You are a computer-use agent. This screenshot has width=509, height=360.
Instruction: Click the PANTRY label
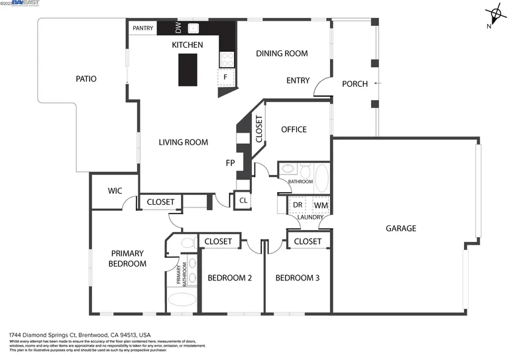(142, 28)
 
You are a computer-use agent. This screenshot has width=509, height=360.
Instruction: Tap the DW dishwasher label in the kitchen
(178, 28)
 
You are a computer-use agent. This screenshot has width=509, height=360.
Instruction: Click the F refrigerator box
(226, 78)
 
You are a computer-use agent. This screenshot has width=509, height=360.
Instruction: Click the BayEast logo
(22, 3)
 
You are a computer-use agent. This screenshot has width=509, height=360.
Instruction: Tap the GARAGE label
(401, 228)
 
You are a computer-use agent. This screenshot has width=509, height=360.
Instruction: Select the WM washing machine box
(321, 206)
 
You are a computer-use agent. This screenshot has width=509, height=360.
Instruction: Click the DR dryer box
(298, 206)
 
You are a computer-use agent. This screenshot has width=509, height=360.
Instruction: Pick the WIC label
(115, 191)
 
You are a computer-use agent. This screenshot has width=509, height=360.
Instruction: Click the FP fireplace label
(231, 162)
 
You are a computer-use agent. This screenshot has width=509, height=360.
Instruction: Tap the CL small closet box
(243, 200)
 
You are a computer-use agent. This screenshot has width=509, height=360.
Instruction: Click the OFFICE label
(294, 129)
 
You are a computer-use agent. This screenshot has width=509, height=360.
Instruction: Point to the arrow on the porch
(376, 83)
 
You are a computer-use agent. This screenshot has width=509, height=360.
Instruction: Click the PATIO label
(86, 79)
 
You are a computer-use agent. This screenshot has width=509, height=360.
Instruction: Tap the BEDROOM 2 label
(230, 278)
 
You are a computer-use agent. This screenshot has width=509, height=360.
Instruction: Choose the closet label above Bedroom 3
(308, 241)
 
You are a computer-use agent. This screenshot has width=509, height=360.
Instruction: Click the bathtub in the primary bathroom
(182, 300)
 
